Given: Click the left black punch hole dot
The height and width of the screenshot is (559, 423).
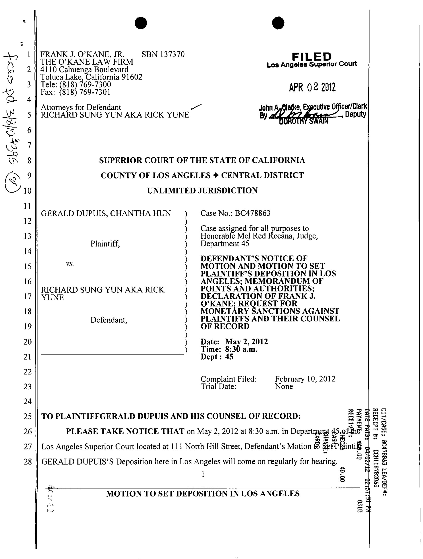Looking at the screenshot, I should pos(141,23).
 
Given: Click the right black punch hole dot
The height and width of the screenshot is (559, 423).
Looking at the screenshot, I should pos(278,23).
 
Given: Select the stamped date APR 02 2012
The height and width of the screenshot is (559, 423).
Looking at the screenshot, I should pos(312,87).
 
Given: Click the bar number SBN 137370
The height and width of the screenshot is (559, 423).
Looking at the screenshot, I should pos(163,54).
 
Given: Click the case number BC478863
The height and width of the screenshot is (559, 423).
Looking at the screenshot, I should pos(253,213).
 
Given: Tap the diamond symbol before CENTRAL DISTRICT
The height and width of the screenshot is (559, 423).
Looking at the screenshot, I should pos(216,175).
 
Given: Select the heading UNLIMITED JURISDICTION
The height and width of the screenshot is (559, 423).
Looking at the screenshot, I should pos(202,191).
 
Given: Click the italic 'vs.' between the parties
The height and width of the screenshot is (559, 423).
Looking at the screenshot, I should pos(70,264).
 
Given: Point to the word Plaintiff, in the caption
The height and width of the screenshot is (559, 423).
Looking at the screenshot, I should pos(105,244).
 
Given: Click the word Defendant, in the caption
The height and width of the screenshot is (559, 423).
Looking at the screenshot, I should pos(109,320).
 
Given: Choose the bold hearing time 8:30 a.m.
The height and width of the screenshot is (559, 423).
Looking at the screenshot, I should pos(241,349).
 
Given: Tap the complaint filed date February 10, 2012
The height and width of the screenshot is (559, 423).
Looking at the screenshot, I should pos(305,379).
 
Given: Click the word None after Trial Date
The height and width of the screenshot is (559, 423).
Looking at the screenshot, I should pos(284,386).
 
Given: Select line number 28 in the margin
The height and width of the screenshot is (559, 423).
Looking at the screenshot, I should pos(28,462).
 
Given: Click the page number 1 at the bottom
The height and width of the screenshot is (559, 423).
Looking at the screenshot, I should pos(203,474).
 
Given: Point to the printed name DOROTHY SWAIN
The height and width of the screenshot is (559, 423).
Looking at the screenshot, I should pos(303,121).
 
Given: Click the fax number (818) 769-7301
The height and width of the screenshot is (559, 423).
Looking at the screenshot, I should pos(85,92).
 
